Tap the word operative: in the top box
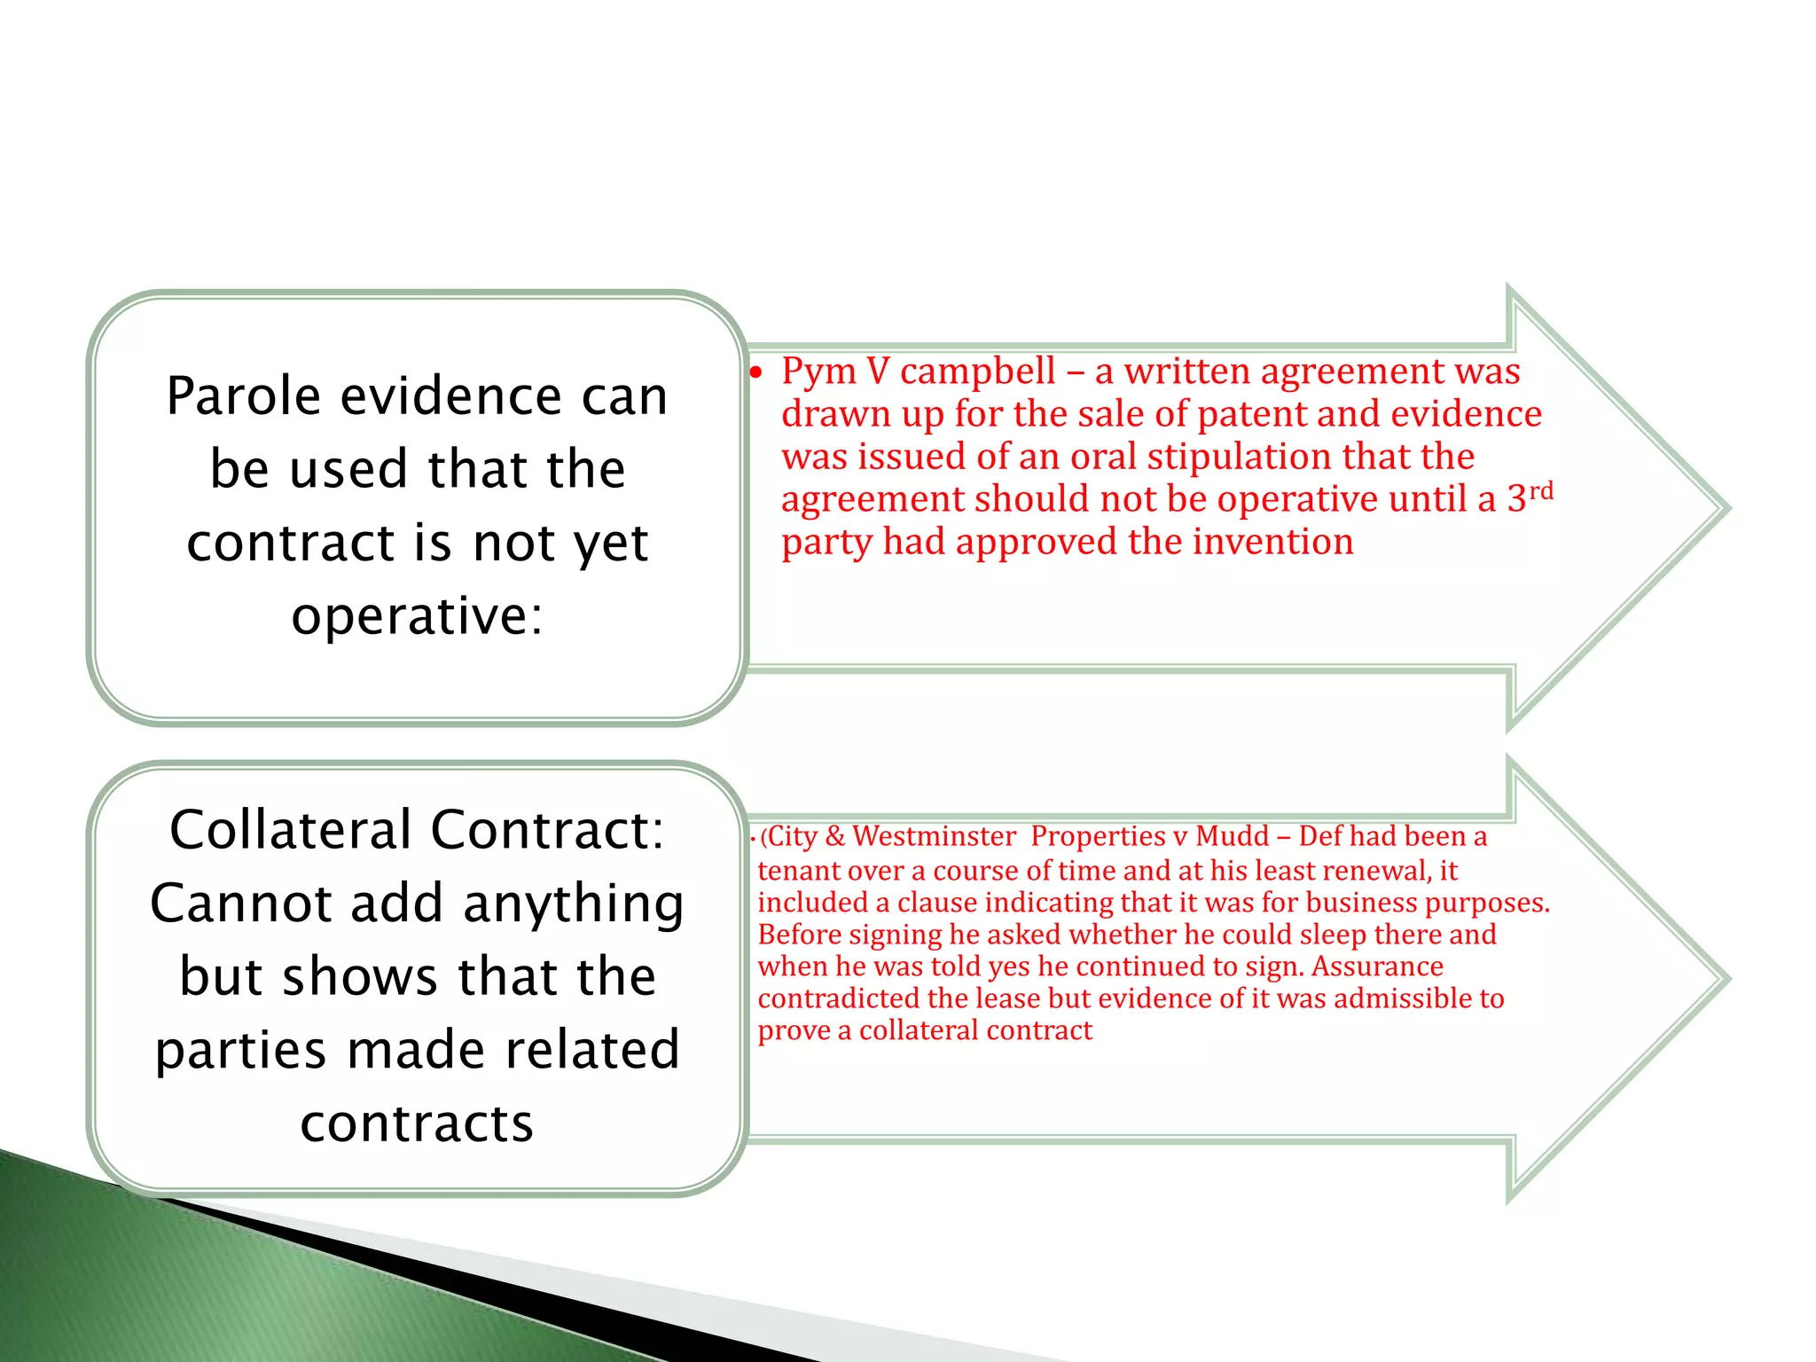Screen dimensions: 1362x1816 [x=417, y=616]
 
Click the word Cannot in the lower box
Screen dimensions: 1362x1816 [x=240, y=904]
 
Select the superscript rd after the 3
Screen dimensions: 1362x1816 [x=1541, y=490]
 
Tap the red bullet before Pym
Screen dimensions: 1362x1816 [x=755, y=372]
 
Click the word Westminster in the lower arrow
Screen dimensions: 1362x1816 [x=934, y=836]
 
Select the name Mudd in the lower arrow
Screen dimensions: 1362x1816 [x=1232, y=836]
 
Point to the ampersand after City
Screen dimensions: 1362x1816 [x=834, y=836]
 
